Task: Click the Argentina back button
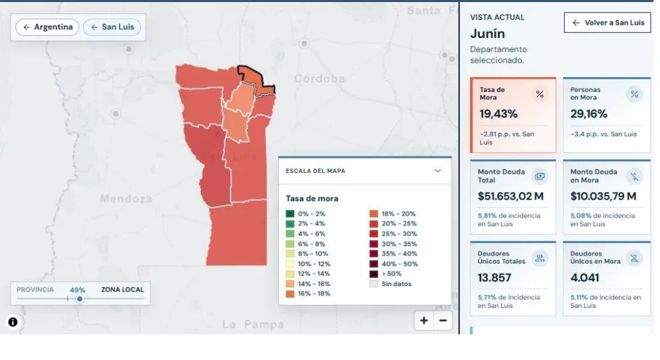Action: pyautogui.click(x=47, y=27)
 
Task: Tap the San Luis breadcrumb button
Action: pyautogui.click(x=112, y=27)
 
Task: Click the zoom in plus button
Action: pyautogui.click(x=424, y=321)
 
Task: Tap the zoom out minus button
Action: pyautogui.click(x=443, y=321)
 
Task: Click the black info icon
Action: pyautogui.click(x=13, y=322)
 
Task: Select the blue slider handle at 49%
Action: pyautogui.click(x=80, y=299)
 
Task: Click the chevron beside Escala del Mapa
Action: pyautogui.click(x=438, y=170)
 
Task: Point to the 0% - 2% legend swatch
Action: pyautogui.click(x=290, y=214)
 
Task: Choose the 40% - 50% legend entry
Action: pyautogui.click(x=394, y=264)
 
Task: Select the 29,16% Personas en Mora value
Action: pyautogui.click(x=589, y=114)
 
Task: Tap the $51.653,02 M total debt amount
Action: pyautogui.click(x=510, y=196)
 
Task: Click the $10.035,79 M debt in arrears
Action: pyautogui.click(x=603, y=196)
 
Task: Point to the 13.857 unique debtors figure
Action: pyautogui.click(x=494, y=278)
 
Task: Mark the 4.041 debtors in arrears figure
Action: pyautogui.click(x=585, y=278)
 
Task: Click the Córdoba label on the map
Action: pyautogui.click(x=319, y=79)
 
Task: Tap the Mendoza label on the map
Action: pyautogui.click(x=126, y=198)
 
